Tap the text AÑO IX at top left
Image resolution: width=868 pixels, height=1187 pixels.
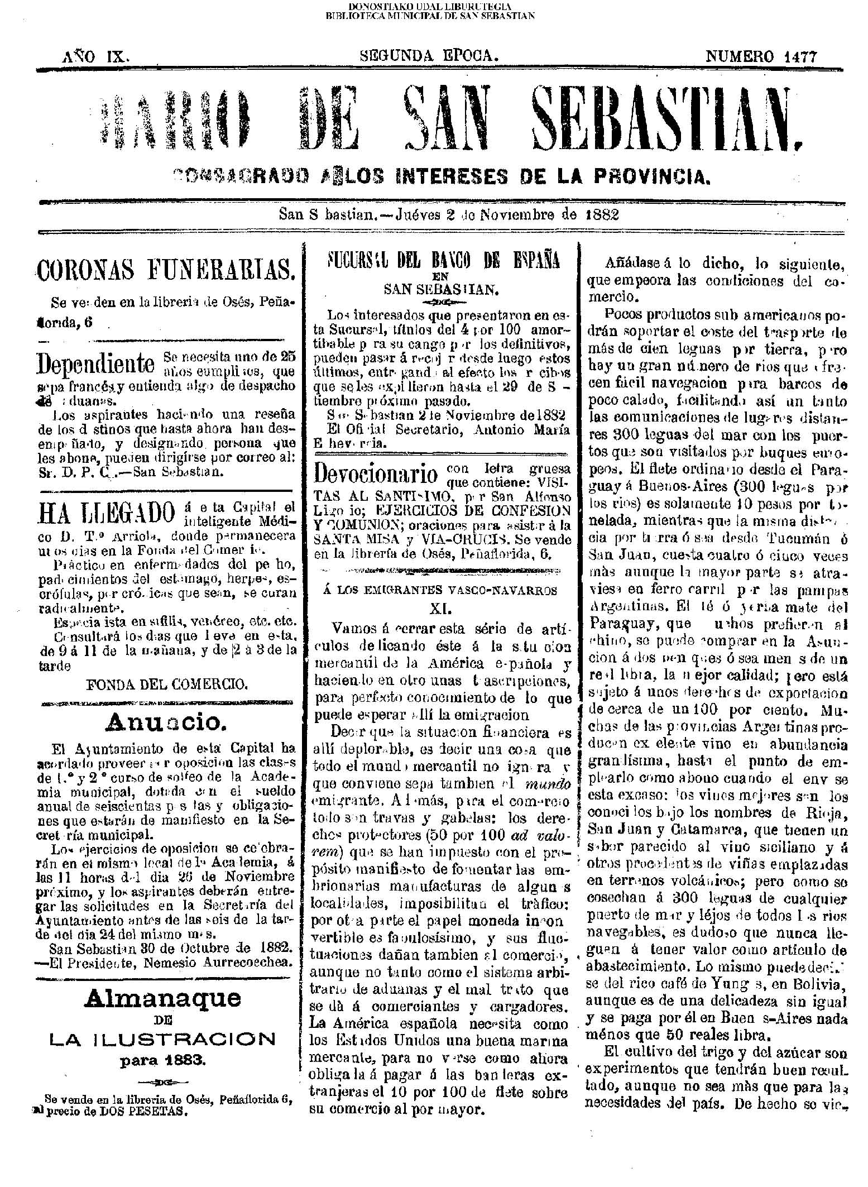tap(97, 56)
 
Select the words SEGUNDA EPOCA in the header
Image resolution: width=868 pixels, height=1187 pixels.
tap(428, 56)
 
